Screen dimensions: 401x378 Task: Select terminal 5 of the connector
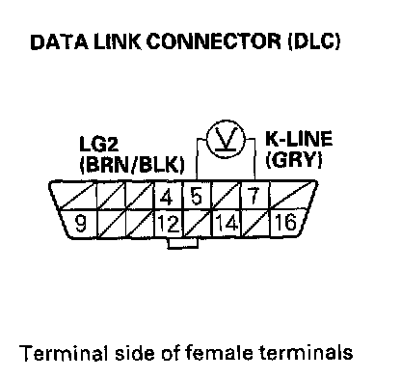(197, 196)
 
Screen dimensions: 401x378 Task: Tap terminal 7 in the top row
(254, 196)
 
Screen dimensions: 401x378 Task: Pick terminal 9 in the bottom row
(79, 224)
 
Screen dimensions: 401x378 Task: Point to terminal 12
(169, 224)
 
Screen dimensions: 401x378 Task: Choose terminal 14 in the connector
(227, 224)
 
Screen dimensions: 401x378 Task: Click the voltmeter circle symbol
(226, 139)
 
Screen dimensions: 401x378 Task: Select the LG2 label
(99, 144)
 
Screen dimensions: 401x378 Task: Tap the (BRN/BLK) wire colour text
(132, 165)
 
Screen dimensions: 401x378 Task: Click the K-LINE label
(299, 139)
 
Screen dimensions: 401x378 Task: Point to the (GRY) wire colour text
(294, 159)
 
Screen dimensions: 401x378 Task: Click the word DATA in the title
(59, 42)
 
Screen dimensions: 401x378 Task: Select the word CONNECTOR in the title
(214, 42)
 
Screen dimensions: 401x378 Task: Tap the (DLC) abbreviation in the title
(314, 42)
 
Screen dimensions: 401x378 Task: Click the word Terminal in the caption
(64, 353)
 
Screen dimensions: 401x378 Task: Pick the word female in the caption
(219, 353)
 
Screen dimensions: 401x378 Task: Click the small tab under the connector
(182, 243)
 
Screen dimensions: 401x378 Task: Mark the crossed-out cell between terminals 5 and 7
(227, 196)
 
